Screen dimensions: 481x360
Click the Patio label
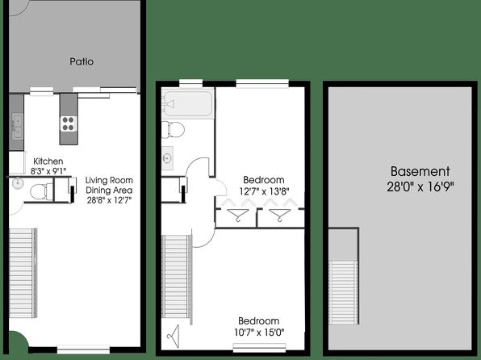pyautogui.click(x=82, y=61)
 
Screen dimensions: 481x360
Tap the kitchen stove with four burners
pyautogui.click(x=69, y=123)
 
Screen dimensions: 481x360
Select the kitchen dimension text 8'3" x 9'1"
pyautogui.click(x=48, y=171)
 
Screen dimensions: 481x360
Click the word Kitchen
pyautogui.click(x=48, y=161)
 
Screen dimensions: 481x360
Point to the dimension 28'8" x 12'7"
pyautogui.click(x=109, y=200)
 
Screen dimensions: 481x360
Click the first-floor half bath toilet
pyautogui.click(x=41, y=192)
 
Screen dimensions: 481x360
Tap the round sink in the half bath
pyautogui.click(x=18, y=183)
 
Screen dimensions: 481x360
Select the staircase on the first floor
pyautogui.click(x=23, y=273)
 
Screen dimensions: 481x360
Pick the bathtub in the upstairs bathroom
pyautogui.click(x=188, y=104)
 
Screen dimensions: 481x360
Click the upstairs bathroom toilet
pyautogui.click(x=173, y=130)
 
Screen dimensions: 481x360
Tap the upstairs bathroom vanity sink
pyautogui.click(x=167, y=158)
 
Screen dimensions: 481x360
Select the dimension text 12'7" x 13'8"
pyautogui.click(x=265, y=191)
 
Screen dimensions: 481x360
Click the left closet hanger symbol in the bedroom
pyautogui.click(x=238, y=215)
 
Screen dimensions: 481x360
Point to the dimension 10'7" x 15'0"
pyautogui.click(x=259, y=333)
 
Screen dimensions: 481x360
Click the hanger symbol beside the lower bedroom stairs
pyautogui.click(x=174, y=337)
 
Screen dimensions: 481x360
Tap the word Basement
pyautogui.click(x=420, y=171)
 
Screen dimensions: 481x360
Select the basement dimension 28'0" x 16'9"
pyautogui.click(x=420, y=186)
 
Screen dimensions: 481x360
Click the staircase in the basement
pyautogui.click(x=344, y=292)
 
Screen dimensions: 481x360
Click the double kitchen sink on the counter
pyautogui.click(x=18, y=126)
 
